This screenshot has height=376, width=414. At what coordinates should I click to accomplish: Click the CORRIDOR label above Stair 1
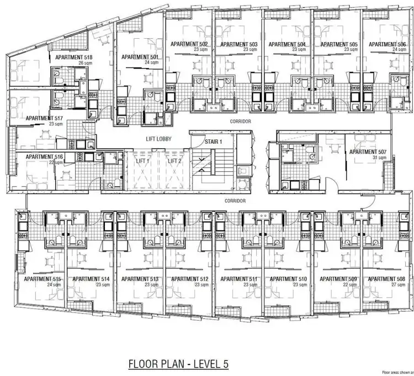click(241, 121)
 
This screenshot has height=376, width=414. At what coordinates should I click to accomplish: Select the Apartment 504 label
click(286, 44)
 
